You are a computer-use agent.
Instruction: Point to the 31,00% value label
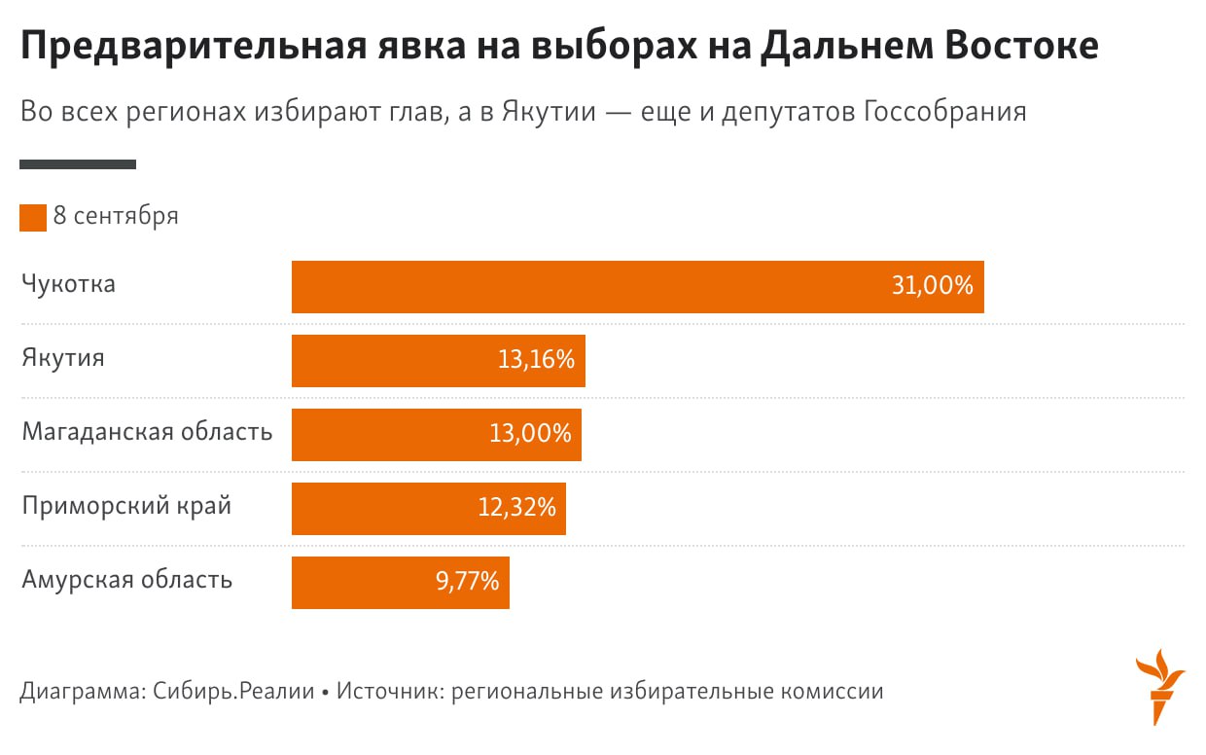932,287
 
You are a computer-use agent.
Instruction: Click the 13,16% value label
536,361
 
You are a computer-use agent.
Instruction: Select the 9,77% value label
467,583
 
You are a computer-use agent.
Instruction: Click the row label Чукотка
69,285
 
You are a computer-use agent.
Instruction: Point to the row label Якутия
63,359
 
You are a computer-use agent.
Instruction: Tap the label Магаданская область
147,432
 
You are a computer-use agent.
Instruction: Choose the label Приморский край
126,507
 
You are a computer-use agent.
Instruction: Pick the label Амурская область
127,581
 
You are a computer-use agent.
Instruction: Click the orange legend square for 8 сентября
33,217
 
